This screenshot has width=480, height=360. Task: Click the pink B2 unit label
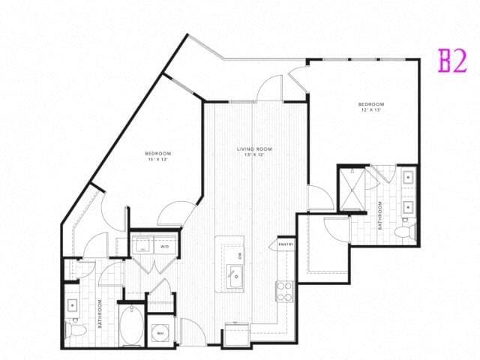pyautogui.click(x=453, y=61)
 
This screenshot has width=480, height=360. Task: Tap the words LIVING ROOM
pyautogui.click(x=254, y=149)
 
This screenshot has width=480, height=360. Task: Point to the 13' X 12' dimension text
pyautogui.click(x=254, y=155)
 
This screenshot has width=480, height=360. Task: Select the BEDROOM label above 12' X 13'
pyautogui.click(x=371, y=104)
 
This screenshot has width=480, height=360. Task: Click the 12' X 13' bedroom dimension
pyautogui.click(x=371, y=110)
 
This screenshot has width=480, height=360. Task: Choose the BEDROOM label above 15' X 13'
pyautogui.click(x=158, y=154)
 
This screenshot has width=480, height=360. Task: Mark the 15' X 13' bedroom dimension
pyautogui.click(x=158, y=160)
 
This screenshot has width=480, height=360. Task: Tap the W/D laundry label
pyautogui.click(x=164, y=247)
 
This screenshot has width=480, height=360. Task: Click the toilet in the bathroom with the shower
pyautogui.click(x=406, y=232)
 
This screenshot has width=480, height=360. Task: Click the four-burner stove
pyautogui.click(x=285, y=290)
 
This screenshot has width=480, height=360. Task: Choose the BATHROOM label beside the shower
pyautogui.click(x=380, y=214)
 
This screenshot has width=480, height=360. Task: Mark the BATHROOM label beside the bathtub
pyautogui.click(x=99, y=313)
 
